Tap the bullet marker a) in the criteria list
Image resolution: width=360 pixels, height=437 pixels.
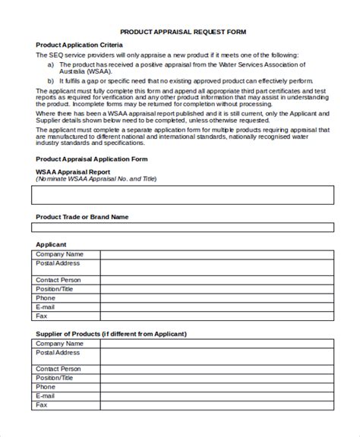click(x=51, y=64)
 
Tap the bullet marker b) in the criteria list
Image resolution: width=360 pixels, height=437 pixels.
click(x=51, y=80)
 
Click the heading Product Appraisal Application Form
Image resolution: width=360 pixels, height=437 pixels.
click(x=91, y=159)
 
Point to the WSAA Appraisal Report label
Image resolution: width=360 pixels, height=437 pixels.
click(x=73, y=172)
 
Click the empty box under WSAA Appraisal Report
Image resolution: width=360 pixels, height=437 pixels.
click(x=182, y=196)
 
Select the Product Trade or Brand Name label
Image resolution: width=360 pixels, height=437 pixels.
click(x=82, y=217)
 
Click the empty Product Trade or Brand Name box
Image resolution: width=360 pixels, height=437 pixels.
click(x=182, y=228)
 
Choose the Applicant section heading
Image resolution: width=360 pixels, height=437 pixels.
click(x=52, y=244)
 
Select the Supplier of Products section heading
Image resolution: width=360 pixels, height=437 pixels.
click(x=111, y=333)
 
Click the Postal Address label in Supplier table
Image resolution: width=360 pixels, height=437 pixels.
click(x=58, y=352)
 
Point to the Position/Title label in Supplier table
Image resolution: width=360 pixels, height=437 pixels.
click(x=55, y=377)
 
